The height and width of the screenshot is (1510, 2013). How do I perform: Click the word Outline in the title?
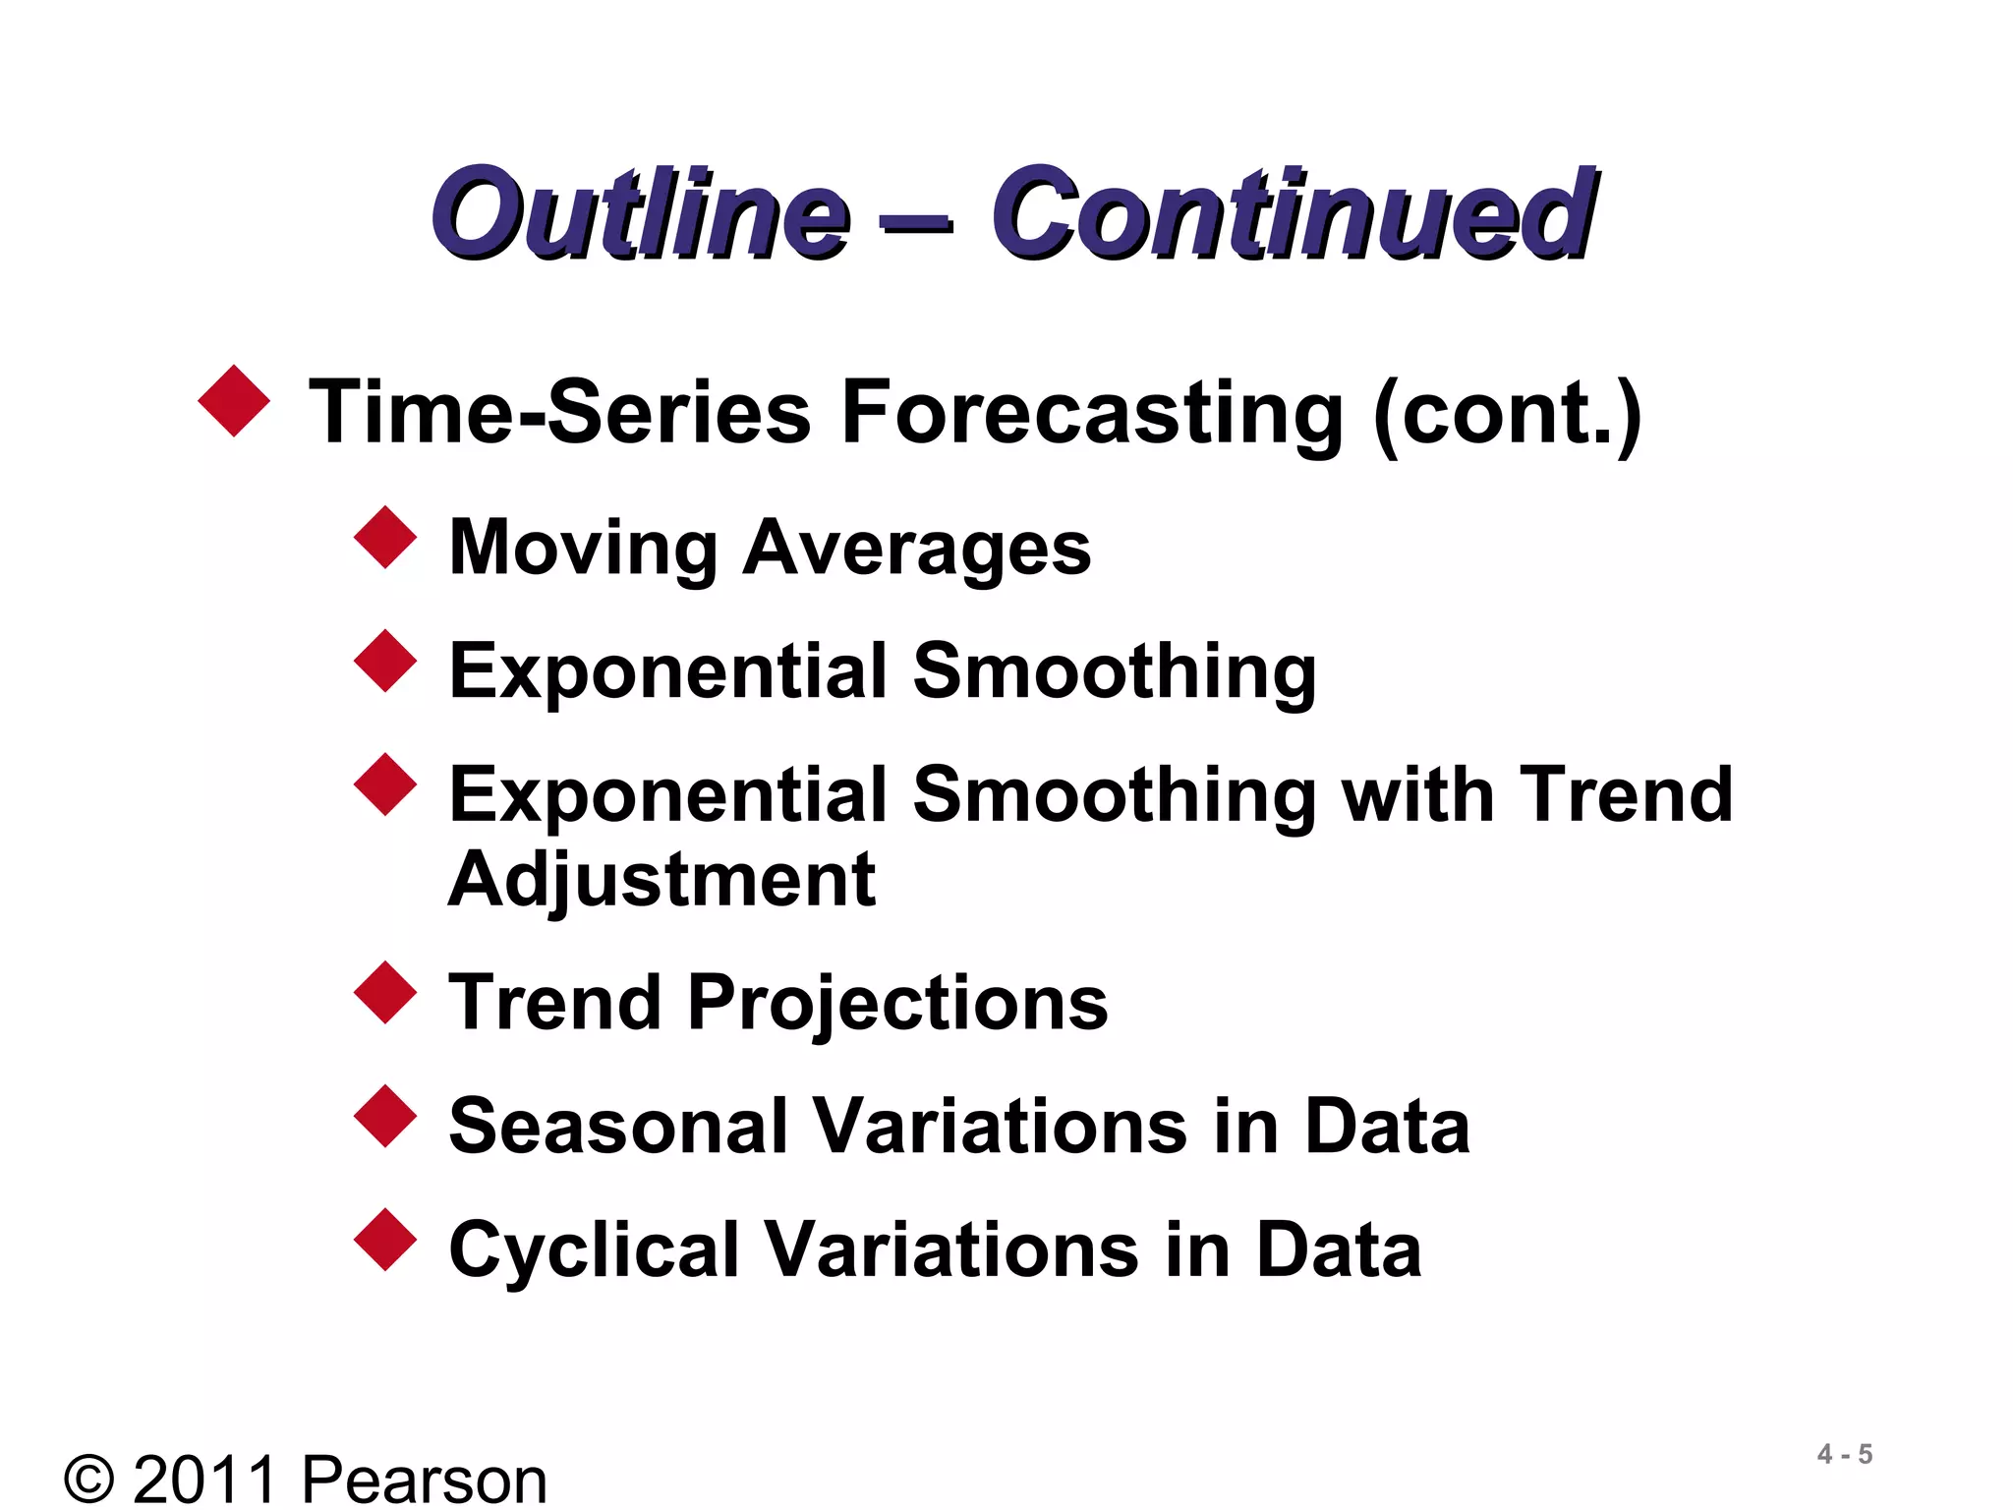click(641, 213)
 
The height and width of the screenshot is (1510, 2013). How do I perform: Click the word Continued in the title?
click(1293, 213)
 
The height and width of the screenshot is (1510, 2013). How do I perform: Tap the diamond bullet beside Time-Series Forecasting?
click(234, 401)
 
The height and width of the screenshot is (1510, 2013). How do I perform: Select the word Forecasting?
click(1092, 413)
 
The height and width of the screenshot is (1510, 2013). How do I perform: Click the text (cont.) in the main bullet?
click(1508, 413)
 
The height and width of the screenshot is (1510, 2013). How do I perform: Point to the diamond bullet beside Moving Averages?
click(385, 537)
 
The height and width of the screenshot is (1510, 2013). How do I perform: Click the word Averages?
click(916, 549)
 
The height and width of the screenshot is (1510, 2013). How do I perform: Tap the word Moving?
click(583, 549)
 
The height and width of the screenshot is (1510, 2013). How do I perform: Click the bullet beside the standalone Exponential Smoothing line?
click(385, 661)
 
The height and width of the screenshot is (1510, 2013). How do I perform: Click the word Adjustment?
click(661, 880)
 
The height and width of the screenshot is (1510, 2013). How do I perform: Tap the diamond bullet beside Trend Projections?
click(385, 993)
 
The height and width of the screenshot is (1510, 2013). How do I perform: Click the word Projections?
click(897, 1004)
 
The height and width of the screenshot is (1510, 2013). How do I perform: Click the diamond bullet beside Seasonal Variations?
click(385, 1117)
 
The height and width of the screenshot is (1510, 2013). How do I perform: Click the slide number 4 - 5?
click(1844, 1454)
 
